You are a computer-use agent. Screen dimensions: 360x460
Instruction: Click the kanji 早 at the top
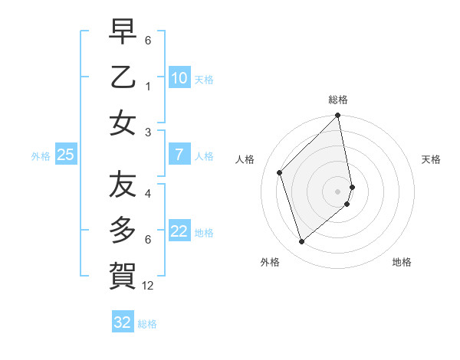(x=123, y=34)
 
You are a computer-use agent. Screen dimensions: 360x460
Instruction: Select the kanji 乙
(x=123, y=78)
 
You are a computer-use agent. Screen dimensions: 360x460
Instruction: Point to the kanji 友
(x=123, y=184)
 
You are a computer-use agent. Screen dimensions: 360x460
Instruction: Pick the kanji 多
(x=123, y=230)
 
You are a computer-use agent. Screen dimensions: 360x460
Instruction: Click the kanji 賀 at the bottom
(x=123, y=273)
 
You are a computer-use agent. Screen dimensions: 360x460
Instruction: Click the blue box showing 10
(x=179, y=78)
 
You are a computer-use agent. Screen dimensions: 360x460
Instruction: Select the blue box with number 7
(x=179, y=155)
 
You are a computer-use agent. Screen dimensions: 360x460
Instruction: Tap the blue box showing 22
(x=179, y=231)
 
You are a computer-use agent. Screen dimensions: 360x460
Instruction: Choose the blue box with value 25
(x=65, y=155)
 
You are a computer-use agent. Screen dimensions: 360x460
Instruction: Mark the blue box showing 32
(x=123, y=322)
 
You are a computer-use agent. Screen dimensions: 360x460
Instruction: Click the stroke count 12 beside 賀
(x=148, y=286)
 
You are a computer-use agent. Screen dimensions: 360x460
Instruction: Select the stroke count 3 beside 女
(x=147, y=132)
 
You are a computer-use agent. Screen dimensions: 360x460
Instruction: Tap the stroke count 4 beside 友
(x=147, y=193)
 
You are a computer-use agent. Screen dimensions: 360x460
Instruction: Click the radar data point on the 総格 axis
(x=338, y=116)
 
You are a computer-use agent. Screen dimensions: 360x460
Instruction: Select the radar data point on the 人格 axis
(x=280, y=172)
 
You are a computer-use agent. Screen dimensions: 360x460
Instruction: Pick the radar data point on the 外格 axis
(x=302, y=242)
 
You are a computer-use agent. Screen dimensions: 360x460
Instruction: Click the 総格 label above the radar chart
(x=338, y=100)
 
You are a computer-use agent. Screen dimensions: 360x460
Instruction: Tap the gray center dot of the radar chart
(x=338, y=191)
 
